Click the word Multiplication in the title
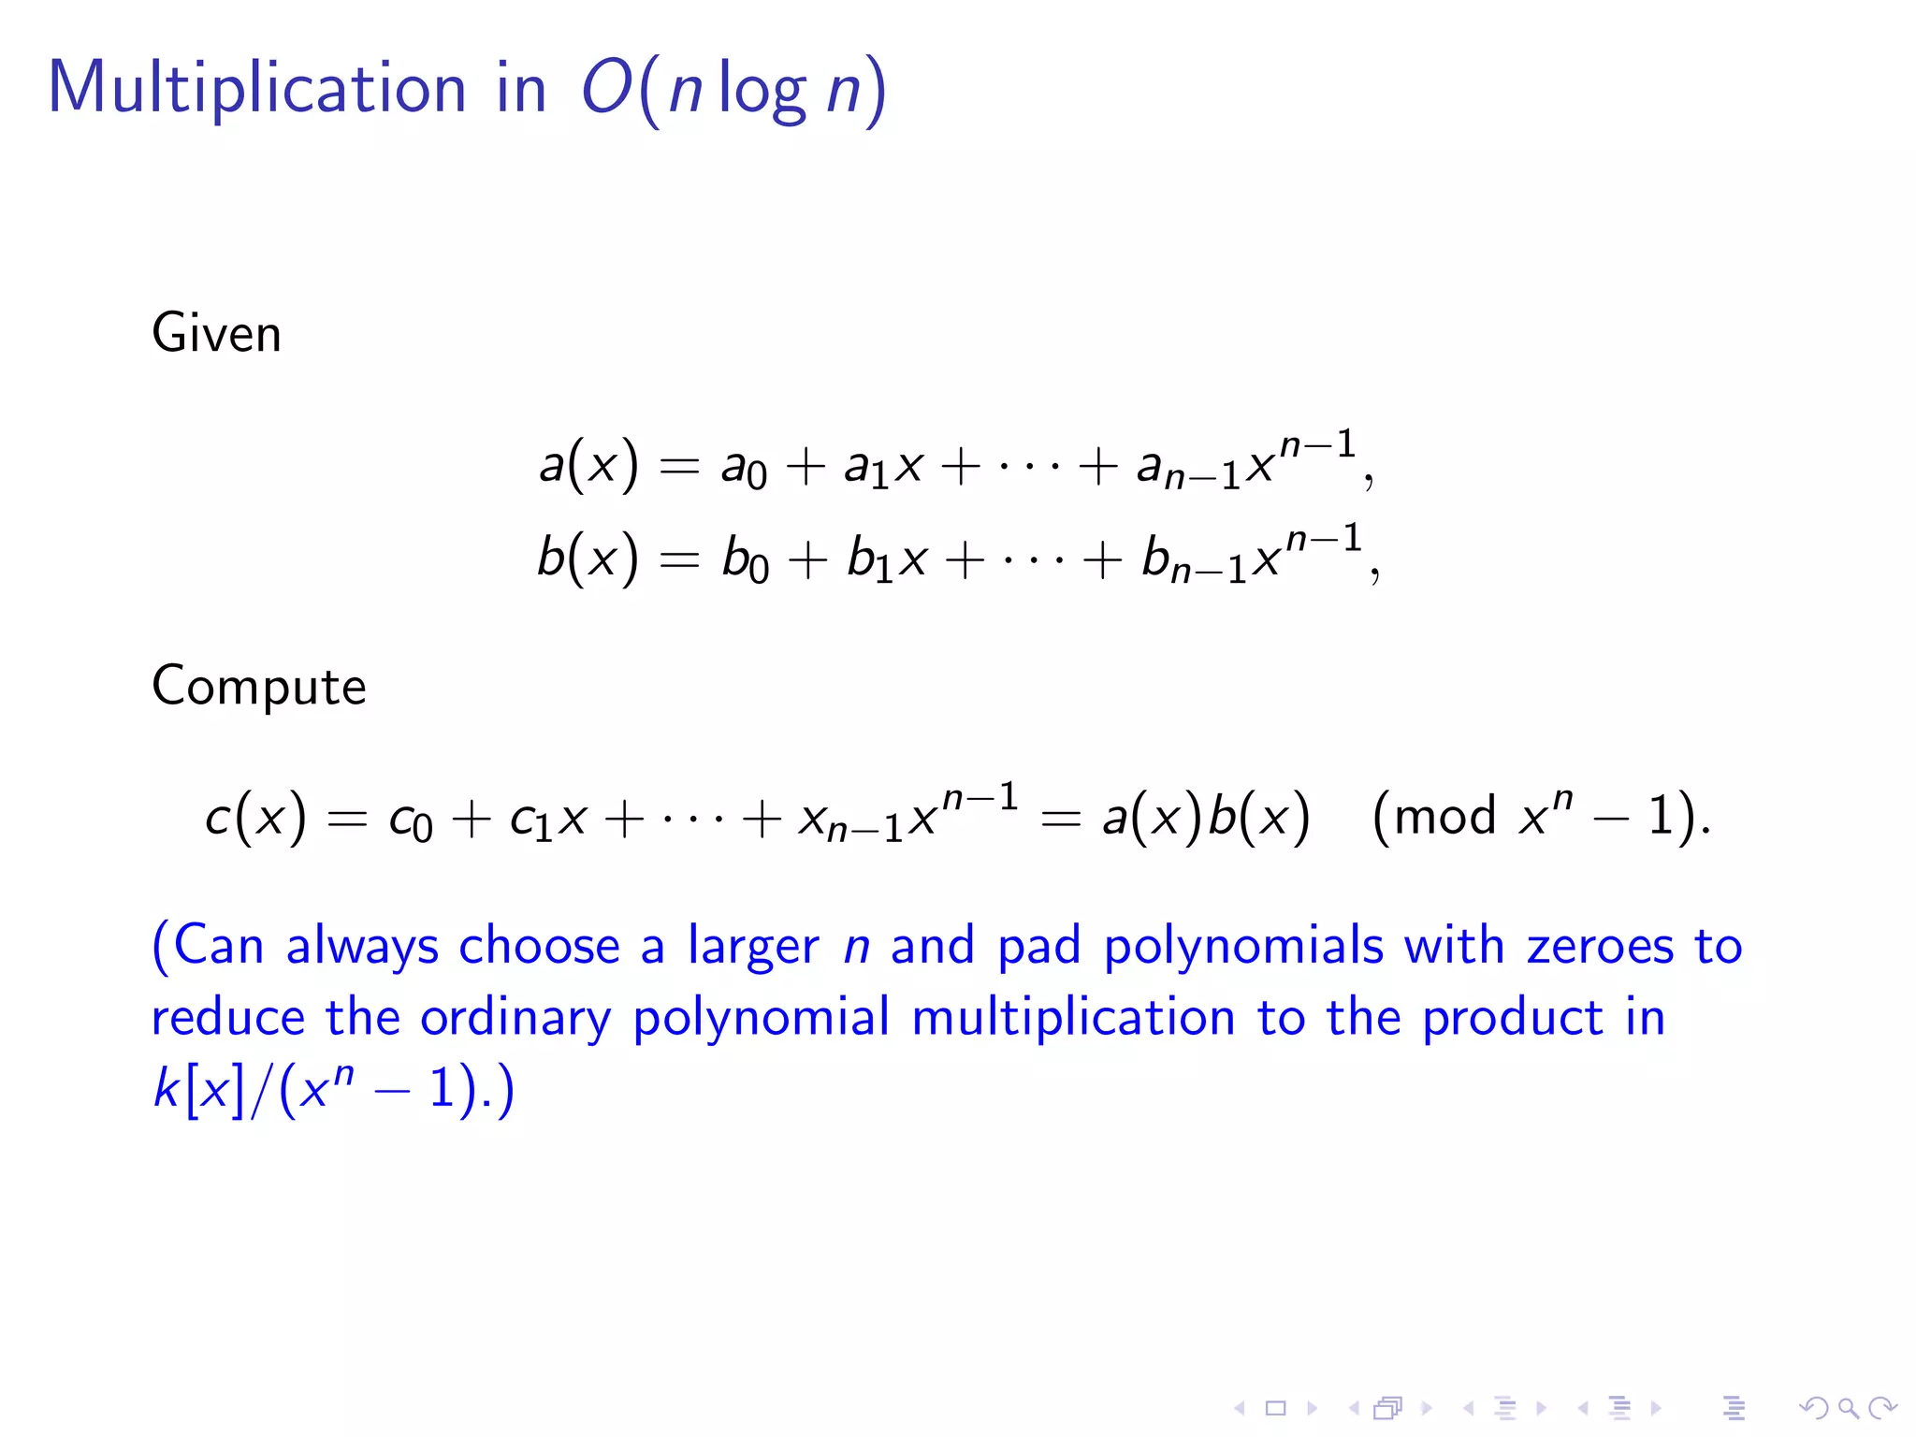[x=256, y=88]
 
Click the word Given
[x=216, y=334]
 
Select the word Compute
[x=258, y=688]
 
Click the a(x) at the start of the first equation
[x=588, y=465]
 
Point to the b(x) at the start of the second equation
[x=588, y=559]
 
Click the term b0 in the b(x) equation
[x=745, y=561]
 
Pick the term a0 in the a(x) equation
[x=743, y=468]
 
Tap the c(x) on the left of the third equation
[x=255, y=818]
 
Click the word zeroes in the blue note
[x=1600, y=946]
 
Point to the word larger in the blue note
[x=753, y=948]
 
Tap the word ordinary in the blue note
[x=515, y=1019]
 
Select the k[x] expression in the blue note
[x=197, y=1089]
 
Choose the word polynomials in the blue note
[x=1242, y=947]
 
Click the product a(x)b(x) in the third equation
[x=1205, y=818]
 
